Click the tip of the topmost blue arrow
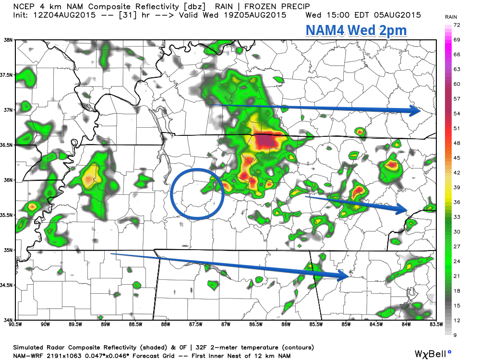[x=420, y=111]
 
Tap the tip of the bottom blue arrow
[x=348, y=276]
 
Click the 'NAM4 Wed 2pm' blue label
[x=356, y=31]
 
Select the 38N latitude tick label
[x=8, y=40]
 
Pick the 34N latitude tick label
[x=8, y=320]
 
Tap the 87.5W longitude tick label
[x=195, y=325]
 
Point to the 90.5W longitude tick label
[x=15, y=325]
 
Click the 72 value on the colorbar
[x=457, y=24]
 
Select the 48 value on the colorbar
[x=457, y=143]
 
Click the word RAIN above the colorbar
[x=451, y=17]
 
